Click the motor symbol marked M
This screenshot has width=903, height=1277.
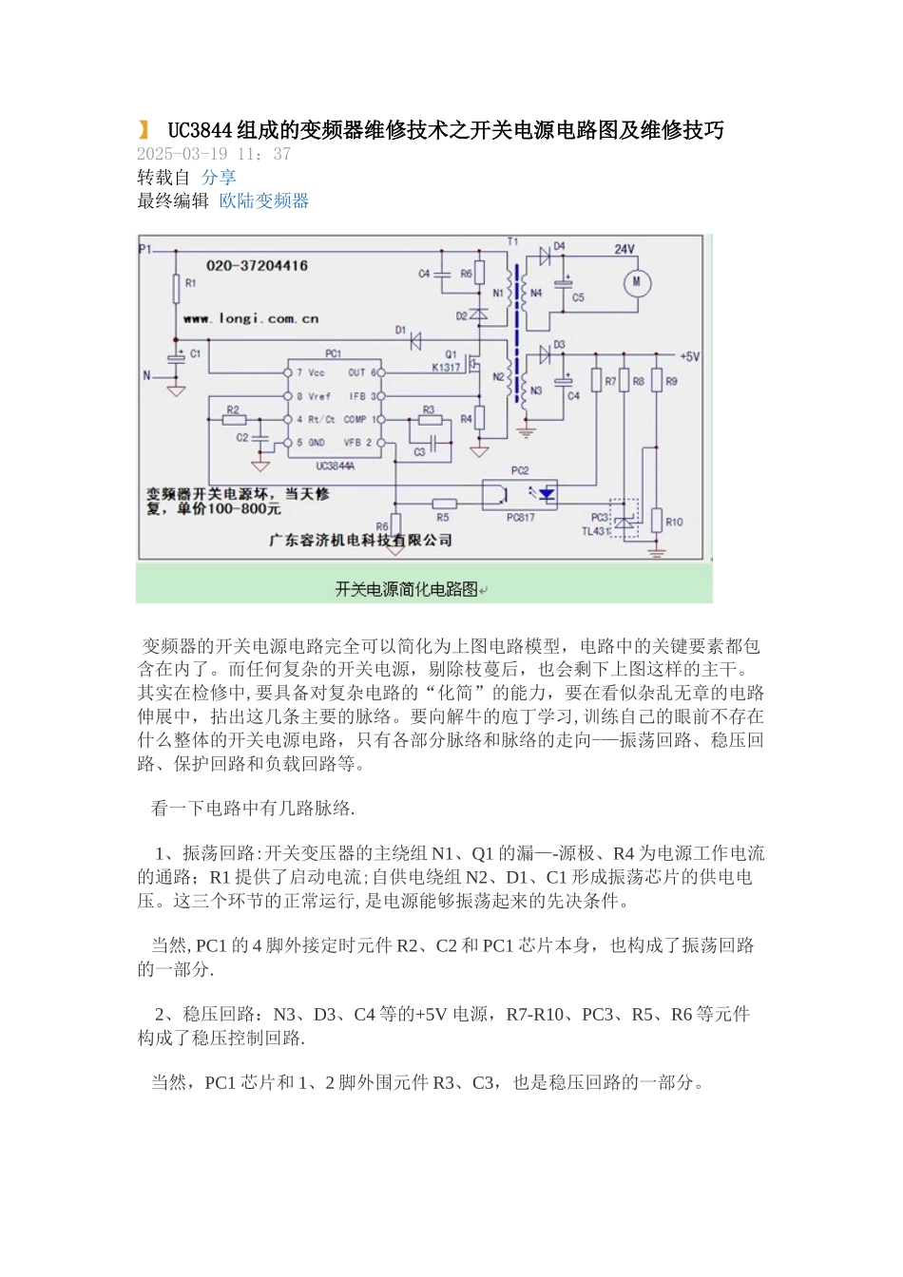tap(636, 282)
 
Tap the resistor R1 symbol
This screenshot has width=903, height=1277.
tap(176, 287)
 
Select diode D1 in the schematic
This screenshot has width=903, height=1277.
tap(414, 342)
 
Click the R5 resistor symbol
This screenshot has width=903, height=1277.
tap(444, 504)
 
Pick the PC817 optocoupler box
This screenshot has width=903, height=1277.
tap(520, 494)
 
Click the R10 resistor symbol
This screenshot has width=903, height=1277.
tap(657, 521)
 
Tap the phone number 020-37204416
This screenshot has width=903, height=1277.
tap(257, 266)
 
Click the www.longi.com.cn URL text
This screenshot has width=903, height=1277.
tap(251, 319)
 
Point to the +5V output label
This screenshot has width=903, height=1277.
tap(689, 357)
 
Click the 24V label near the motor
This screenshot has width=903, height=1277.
tap(624, 250)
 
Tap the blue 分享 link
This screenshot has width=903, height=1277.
tap(219, 178)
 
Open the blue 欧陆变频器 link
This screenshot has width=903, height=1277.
tap(264, 201)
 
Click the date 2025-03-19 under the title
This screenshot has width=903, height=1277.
tap(182, 154)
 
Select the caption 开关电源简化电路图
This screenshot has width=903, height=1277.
tap(407, 589)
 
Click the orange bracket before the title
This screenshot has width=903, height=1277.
tap(144, 130)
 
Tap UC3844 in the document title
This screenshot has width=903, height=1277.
tap(201, 130)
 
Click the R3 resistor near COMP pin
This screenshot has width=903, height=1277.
tap(430, 419)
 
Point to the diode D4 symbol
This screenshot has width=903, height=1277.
tap(546, 256)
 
